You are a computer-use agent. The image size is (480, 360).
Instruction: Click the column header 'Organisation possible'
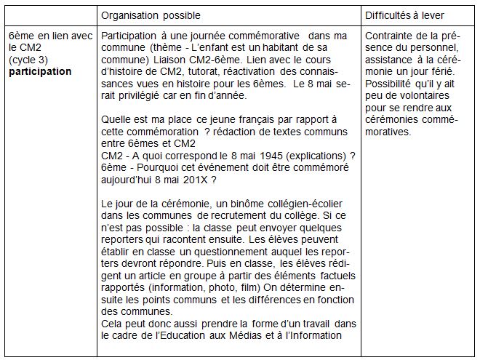(151, 15)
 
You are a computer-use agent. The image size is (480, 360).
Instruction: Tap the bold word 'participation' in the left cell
(41, 71)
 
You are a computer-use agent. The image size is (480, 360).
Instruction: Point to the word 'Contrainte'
(388, 36)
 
